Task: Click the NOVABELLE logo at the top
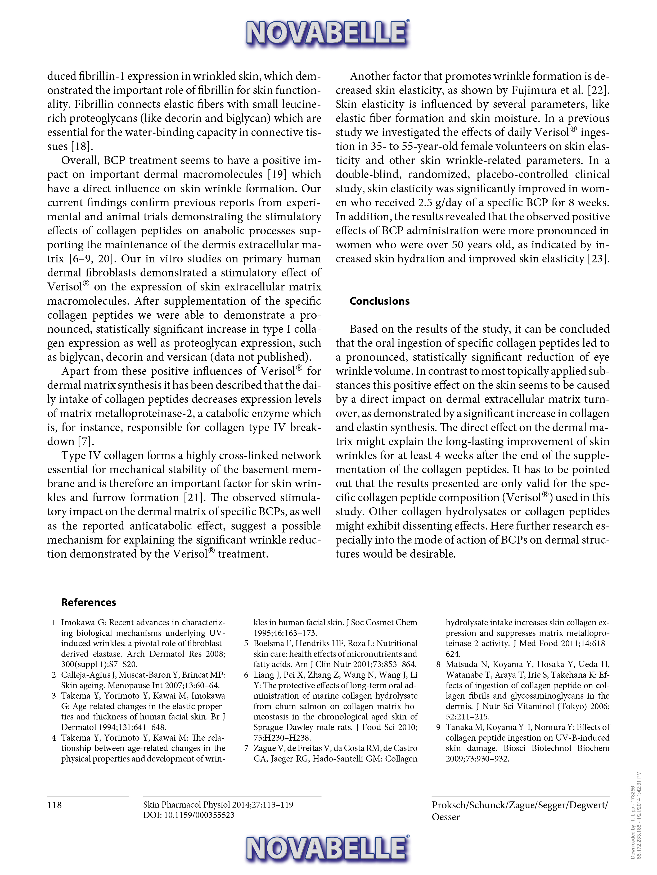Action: (328, 33)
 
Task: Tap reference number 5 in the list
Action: (246, 644)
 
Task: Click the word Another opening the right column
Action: (370, 76)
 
